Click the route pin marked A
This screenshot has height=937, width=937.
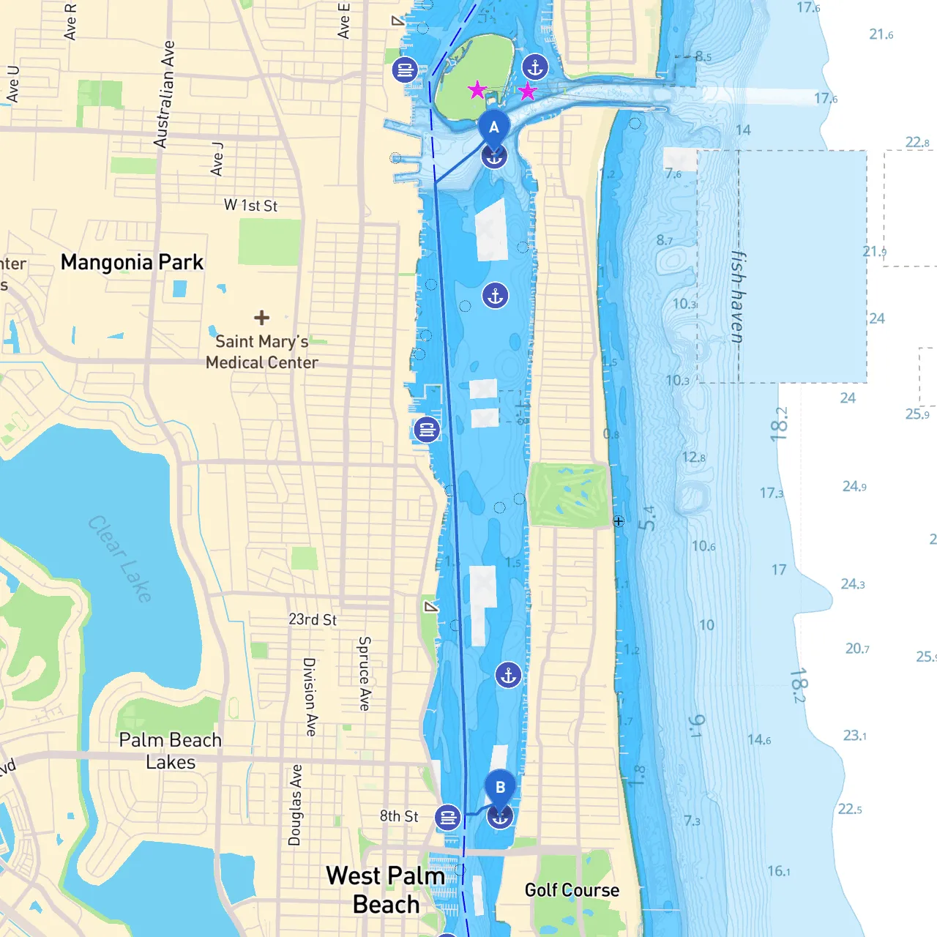[494, 128]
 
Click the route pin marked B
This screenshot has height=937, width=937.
[501, 788]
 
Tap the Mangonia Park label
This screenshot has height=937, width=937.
[132, 262]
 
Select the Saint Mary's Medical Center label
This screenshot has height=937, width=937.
[262, 352]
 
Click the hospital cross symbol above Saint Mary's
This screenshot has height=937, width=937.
[261, 318]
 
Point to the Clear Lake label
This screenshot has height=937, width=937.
[120, 559]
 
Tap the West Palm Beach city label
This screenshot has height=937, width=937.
[386, 889]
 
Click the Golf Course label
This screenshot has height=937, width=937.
[572, 890]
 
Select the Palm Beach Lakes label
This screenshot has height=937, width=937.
[171, 751]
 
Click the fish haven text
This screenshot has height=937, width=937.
[739, 297]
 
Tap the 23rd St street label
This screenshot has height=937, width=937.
[313, 619]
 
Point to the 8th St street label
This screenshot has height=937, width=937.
[399, 816]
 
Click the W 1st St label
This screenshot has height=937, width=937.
[250, 206]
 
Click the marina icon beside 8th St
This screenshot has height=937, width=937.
[447, 817]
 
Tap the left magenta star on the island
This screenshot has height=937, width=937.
[477, 90]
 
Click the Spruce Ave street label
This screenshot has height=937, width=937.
[365, 673]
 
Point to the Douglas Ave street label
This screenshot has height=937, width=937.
[295, 805]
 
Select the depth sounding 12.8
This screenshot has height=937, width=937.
[694, 458]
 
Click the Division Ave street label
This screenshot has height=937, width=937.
[310, 697]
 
